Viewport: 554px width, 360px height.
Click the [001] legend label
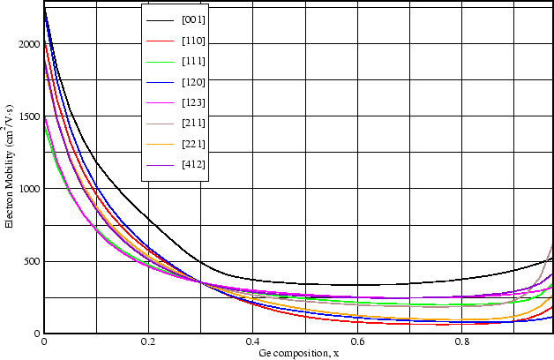193,19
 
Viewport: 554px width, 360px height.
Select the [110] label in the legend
193,40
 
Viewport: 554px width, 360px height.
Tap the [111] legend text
193,61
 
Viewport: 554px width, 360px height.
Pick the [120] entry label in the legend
193,81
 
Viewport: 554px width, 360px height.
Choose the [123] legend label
193,102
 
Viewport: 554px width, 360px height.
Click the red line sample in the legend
160,40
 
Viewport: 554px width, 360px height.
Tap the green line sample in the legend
160,61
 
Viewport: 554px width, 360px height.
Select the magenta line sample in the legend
160,102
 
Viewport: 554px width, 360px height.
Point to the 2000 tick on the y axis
28,45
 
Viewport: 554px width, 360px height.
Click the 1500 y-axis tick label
28,117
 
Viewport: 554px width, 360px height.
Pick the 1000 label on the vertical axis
28,190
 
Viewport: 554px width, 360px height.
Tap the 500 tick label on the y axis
31,262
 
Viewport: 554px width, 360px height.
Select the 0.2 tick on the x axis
148,341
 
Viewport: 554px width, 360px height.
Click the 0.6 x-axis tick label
356,341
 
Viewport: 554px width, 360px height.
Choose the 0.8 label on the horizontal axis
460,341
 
